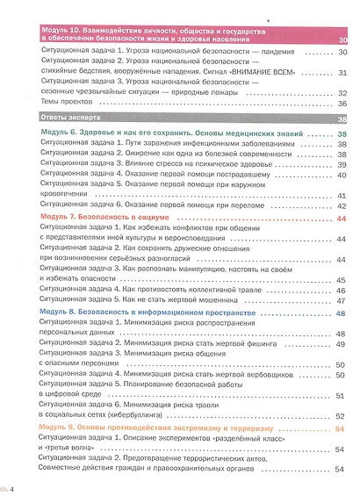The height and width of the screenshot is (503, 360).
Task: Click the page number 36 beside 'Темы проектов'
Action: click(x=342, y=103)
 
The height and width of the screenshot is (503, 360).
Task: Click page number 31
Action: click(x=342, y=73)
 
